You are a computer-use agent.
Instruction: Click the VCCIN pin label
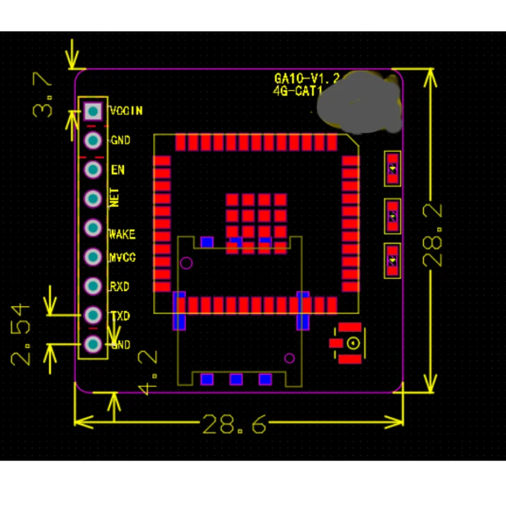(x=126, y=111)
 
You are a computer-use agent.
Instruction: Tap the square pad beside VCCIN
(x=93, y=112)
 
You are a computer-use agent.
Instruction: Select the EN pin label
(x=118, y=170)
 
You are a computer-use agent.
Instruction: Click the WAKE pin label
(x=122, y=235)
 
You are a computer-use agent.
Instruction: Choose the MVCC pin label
(x=123, y=258)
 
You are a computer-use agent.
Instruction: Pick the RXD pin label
(x=120, y=287)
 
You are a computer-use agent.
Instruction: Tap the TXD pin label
(x=120, y=316)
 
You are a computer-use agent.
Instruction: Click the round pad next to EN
(x=93, y=170)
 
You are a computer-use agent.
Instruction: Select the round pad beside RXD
(x=93, y=286)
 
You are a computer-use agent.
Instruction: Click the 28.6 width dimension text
(x=233, y=424)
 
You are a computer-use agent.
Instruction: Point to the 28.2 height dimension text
(x=435, y=235)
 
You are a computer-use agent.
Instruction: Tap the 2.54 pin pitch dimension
(x=21, y=334)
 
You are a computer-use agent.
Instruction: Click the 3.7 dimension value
(x=44, y=95)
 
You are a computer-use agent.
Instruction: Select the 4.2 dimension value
(x=147, y=373)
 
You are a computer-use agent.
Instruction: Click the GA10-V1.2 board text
(x=307, y=79)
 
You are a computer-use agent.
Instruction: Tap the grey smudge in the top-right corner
(x=361, y=102)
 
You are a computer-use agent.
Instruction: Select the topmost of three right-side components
(x=393, y=168)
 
